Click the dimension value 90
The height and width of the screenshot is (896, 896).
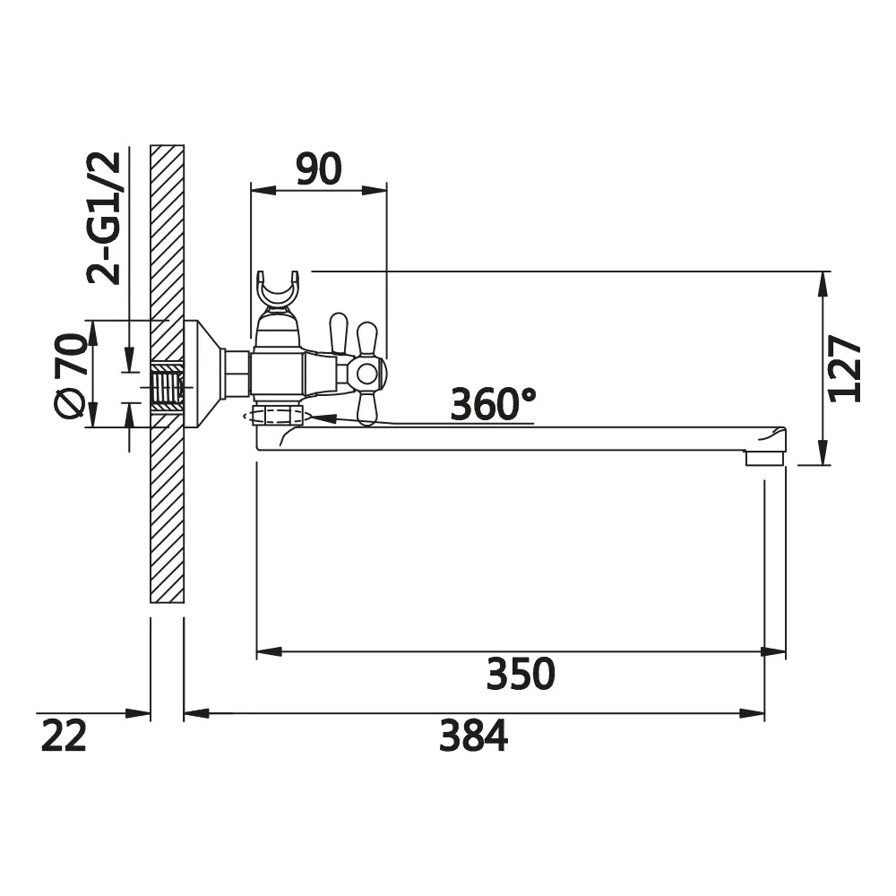point(319,168)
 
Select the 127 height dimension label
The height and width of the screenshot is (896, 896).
point(845,369)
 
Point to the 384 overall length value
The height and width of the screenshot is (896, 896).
point(473,736)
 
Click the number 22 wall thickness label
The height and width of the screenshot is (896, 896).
point(64,736)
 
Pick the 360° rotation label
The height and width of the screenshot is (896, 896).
point(493,404)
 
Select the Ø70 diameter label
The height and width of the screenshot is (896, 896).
point(71,375)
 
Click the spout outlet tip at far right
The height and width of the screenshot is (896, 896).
point(765,457)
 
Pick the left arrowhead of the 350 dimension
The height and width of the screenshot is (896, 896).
point(269,651)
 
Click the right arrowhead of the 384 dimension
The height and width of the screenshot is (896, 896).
point(752,713)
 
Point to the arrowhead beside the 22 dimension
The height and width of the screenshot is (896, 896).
point(138,713)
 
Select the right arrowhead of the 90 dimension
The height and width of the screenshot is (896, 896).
point(375,190)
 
